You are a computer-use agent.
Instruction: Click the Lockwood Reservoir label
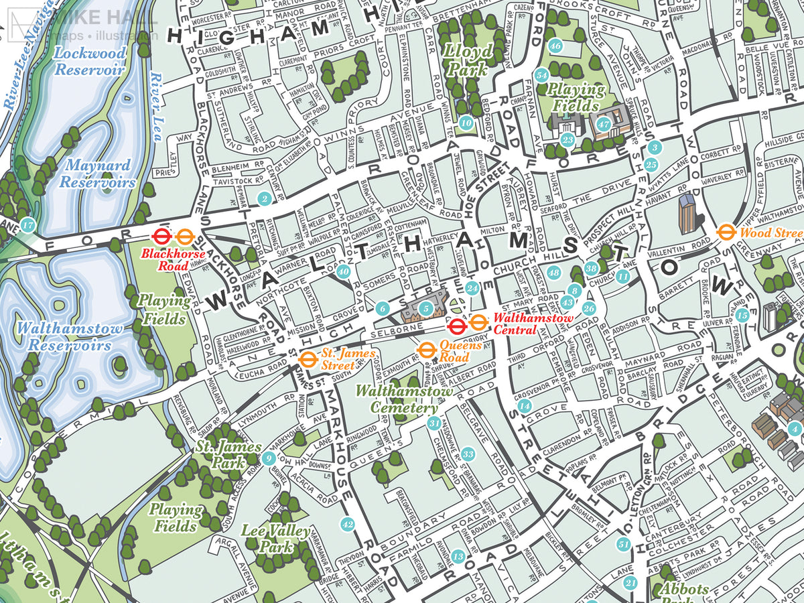click(90, 60)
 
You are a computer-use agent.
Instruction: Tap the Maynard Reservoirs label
click(97, 174)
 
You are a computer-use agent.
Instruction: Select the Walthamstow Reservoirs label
click(70, 336)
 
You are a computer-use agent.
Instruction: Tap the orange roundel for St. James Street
click(307, 359)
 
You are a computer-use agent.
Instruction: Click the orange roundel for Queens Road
click(425, 350)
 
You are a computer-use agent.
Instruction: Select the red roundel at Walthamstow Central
click(457, 326)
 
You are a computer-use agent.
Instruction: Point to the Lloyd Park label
click(467, 60)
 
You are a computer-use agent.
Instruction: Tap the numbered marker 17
click(27, 225)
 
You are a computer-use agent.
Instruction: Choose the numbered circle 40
click(343, 271)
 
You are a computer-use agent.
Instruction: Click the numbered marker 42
click(346, 524)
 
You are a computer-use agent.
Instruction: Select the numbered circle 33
click(468, 455)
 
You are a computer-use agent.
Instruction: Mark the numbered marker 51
click(624, 544)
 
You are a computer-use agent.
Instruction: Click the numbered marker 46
click(555, 46)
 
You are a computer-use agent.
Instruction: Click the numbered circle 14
click(525, 406)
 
